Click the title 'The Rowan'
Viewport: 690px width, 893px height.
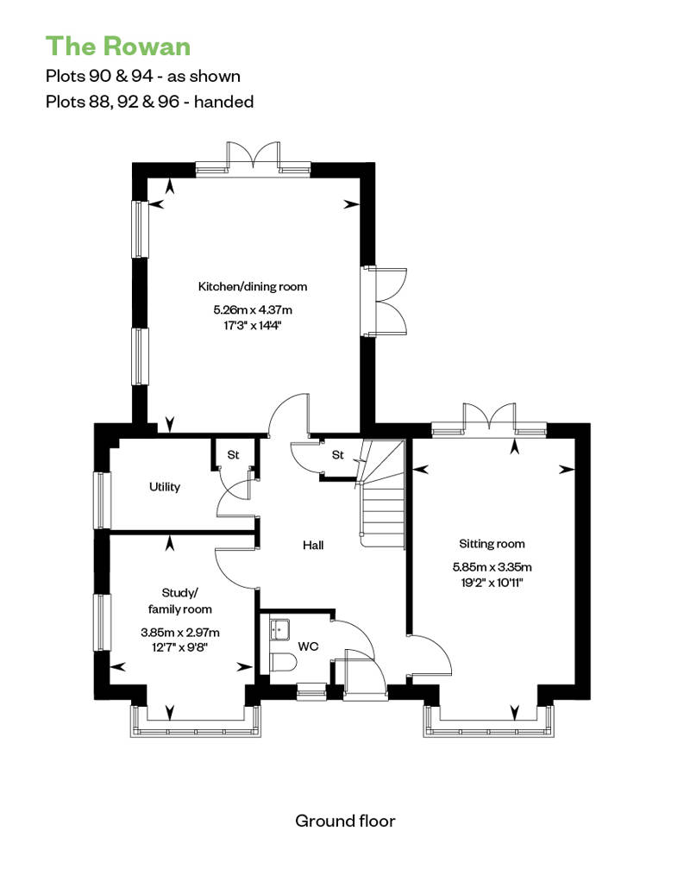[x=118, y=47]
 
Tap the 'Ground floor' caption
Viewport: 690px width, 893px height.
[x=345, y=821]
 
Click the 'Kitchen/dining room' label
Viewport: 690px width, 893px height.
[x=253, y=286]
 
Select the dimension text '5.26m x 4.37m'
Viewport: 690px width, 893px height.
[x=253, y=309]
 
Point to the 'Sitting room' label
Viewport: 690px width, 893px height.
[x=492, y=544]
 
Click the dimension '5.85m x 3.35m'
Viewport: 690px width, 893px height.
[x=492, y=567]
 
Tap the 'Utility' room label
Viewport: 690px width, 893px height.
[x=165, y=487]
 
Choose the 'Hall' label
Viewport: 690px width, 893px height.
[x=313, y=546]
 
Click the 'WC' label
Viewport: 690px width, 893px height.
[x=308, y=646]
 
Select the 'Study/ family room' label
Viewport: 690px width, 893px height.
[x=180, y=601]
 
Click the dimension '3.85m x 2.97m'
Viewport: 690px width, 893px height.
[x=180, y=632]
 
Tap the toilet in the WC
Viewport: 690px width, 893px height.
[x=283, y=664]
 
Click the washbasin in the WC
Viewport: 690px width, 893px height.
[x=279, y=629]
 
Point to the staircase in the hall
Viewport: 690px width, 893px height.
[x=381, y=495]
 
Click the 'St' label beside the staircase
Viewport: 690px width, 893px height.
[x=338, y=455]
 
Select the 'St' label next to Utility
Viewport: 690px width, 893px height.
[x=233, y=455]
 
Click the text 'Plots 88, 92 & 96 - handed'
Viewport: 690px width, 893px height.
[x=149, y=102]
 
